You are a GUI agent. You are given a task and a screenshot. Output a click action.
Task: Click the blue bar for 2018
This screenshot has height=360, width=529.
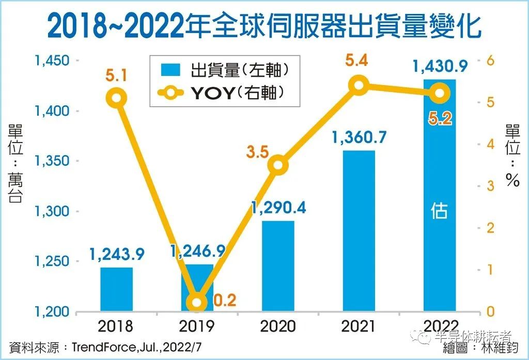[116, 289]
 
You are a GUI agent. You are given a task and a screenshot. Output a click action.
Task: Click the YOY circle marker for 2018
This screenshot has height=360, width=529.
[117, 98]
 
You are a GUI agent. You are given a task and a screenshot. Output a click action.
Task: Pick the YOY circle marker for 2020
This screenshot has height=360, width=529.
[278, 165]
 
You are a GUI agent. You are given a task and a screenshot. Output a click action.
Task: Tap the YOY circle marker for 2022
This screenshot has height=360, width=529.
[440, 93]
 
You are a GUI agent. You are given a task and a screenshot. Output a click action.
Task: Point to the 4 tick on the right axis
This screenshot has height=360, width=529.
[491, 144]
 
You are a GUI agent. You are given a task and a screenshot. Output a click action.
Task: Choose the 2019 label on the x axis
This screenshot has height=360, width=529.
[197, 326]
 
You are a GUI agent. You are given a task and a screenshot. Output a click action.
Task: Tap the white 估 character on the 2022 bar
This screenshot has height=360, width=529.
[440, 212]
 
